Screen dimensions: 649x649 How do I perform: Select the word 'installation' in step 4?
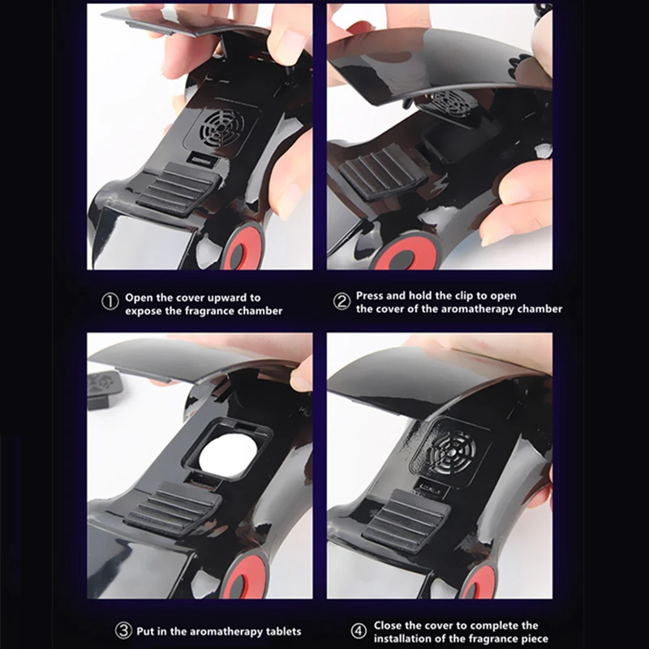[x=403, y=638]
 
